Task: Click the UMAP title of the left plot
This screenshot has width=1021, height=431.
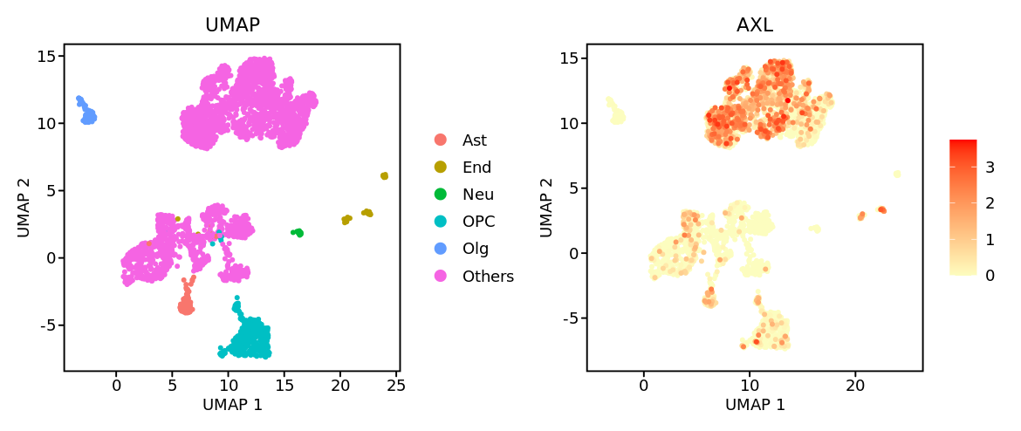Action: pos(232,25)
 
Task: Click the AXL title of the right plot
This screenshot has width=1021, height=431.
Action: pos(754,25)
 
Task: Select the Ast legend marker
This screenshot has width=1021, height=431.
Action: pos(441,140)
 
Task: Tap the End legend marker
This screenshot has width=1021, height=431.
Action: pos(441,167)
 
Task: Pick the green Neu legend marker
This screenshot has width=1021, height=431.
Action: pos(441,195)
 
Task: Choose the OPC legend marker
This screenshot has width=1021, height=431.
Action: pos(441,222)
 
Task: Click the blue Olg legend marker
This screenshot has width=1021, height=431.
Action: pos(441,249)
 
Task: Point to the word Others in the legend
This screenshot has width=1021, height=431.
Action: pos(488,277)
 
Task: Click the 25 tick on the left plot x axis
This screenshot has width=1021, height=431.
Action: pos(396,384)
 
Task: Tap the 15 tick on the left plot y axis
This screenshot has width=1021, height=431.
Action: pos(47,56)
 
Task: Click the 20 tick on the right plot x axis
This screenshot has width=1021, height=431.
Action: pos(856,384)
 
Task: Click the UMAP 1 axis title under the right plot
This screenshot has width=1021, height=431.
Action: pos(755,405)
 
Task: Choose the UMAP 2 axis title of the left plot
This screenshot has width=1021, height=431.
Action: pos(24,207)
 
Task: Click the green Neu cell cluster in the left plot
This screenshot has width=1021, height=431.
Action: pos(298,232)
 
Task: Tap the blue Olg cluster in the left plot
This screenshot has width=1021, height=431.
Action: pos(87,113)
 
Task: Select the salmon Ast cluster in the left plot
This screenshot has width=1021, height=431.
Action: pos(185,305)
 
